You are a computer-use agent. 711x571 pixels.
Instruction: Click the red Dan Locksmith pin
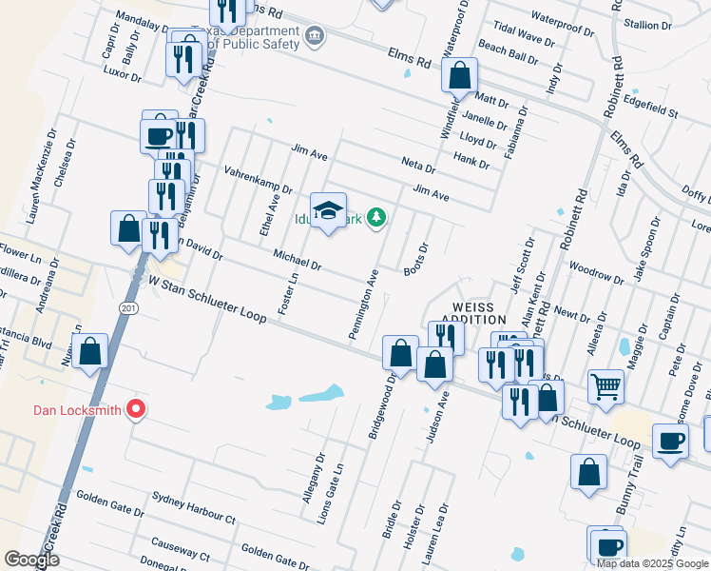click(135, 409)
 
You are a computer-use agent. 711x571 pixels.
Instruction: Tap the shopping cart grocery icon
click(605, 385)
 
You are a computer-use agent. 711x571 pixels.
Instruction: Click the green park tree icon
click(377, 219)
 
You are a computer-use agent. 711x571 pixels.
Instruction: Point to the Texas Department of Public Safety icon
click(315, 37)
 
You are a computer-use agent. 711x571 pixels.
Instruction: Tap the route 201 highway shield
click(127, 307)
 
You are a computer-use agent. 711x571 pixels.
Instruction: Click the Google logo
click(32, 560)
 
